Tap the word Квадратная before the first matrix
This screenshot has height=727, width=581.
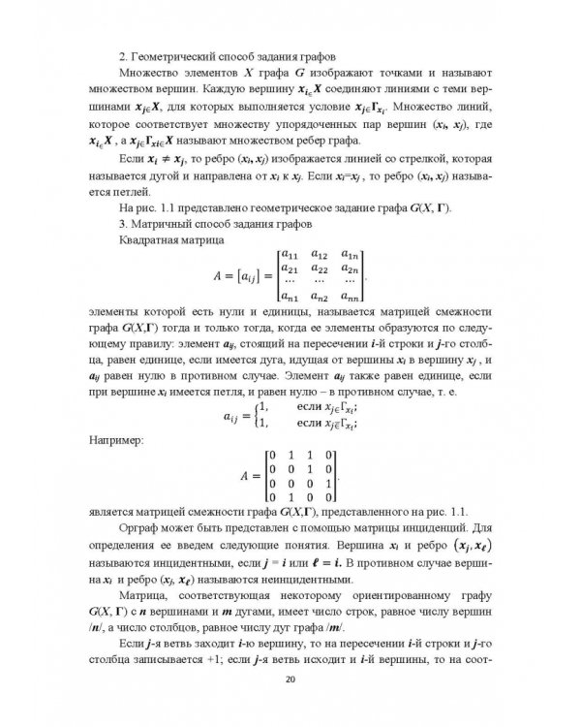[x=150, y=239]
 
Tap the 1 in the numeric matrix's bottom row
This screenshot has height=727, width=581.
[x=293, y=496]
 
